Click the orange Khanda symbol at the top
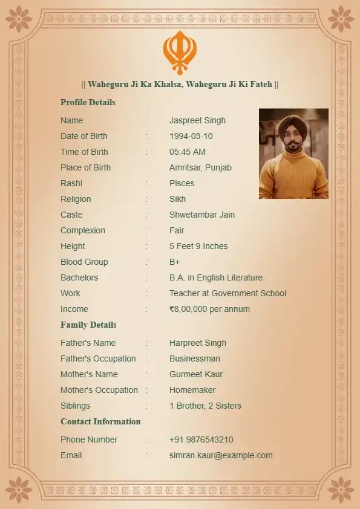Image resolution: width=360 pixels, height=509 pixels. point(180,52)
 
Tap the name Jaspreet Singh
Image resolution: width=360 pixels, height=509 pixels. point(197,120)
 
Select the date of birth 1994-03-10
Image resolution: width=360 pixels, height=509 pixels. point(191,136)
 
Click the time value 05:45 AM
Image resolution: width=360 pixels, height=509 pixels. point(188,152)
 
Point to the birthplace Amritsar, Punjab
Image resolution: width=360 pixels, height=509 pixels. point(200,167)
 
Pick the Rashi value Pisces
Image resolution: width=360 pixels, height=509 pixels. point(182,183)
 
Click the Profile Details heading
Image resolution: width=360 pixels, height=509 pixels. point(88,102)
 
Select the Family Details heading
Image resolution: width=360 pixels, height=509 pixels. point(88,325)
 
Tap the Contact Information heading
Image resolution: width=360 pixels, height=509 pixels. point(100,421)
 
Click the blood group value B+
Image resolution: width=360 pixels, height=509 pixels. point(175,262)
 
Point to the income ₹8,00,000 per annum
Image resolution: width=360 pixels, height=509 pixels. point(209,309)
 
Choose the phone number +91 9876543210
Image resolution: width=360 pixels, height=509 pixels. point(201,439)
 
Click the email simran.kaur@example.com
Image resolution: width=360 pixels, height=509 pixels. point(221,455)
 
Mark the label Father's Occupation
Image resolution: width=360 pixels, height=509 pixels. point(98,358)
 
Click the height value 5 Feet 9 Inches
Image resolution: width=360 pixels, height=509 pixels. point(198,246)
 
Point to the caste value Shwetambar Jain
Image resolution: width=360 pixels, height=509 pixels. point(202,215)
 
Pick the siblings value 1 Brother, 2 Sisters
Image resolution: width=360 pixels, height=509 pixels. point(205,406)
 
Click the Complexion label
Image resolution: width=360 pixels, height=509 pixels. point(83,230)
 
